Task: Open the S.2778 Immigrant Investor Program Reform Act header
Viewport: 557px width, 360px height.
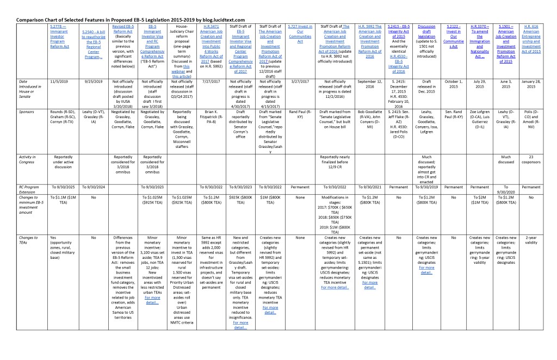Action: (x=60, y=36)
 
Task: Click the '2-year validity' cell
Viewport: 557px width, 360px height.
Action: (x=535, y=240)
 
